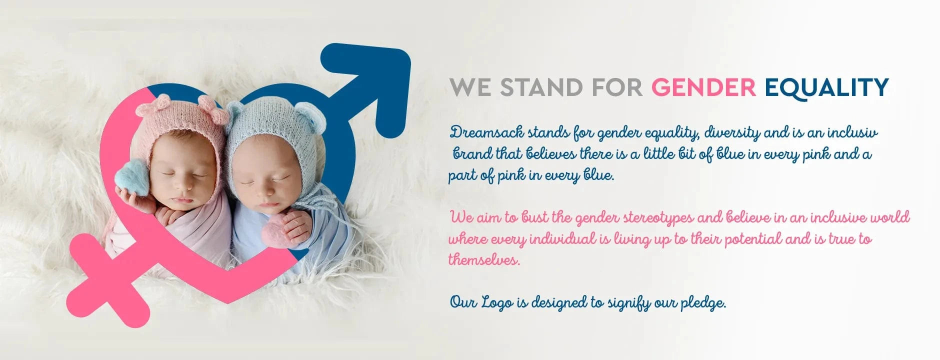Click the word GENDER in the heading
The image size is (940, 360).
click(x=703, y=87)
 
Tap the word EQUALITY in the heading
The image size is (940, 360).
click(x=827, y=88)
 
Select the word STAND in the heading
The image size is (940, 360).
click(x=541, y=87)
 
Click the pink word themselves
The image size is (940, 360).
click(x=484, y=260)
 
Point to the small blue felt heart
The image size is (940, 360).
click(x=132, y=177)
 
